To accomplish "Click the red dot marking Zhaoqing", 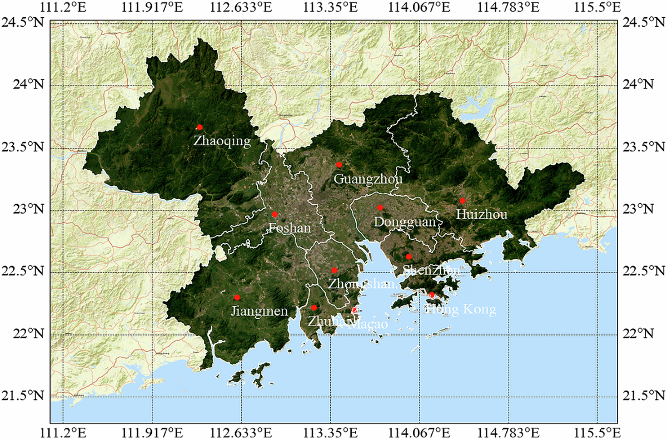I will point(200,127).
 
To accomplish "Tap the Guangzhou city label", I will point(368,179).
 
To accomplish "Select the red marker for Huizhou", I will point(462,200).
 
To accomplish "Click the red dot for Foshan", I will point(275,214).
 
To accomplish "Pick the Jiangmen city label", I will point(259,311).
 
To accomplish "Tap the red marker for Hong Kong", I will point(432,294).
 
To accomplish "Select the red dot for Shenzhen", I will point(409,257).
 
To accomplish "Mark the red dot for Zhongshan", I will point(334,270).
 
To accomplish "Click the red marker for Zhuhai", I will point(314,308).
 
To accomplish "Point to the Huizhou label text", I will point(481,214).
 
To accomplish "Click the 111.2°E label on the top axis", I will point(63,7).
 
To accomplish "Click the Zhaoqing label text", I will point(222,141).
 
